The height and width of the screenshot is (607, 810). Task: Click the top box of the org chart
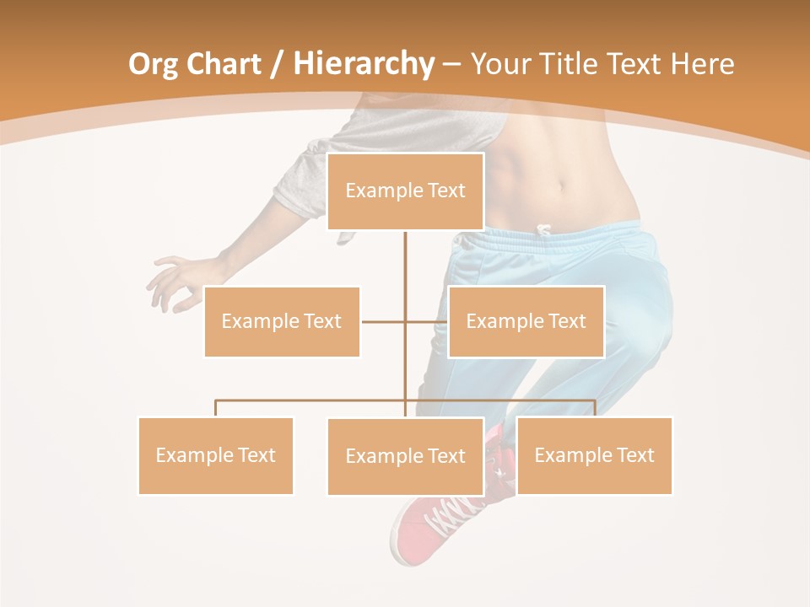pos(405,191)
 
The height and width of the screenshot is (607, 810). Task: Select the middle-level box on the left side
pos(282,321)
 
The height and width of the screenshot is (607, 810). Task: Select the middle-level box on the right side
pos(526,321)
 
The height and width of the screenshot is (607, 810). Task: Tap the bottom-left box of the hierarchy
pos(216,455)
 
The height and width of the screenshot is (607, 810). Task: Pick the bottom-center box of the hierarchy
pos(405,456)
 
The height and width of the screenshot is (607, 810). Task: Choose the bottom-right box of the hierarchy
pos(594,455)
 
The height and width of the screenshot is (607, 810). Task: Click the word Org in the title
pos(153,64)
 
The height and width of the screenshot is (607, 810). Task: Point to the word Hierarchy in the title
pos(364,64)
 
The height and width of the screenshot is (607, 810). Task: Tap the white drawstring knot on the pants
pos(543,229)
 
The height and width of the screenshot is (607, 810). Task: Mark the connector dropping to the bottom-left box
pos(216,408)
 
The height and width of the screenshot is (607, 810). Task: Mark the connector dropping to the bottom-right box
pos(595,408)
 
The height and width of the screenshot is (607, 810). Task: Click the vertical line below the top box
pos(405,270)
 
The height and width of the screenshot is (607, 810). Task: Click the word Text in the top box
pos(445,191)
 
